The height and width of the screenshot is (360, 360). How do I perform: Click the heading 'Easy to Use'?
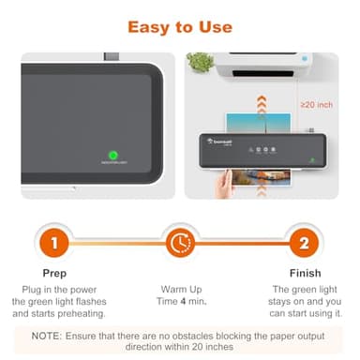179,27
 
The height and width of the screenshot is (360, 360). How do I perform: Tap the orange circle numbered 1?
55,244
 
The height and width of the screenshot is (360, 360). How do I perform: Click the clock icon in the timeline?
179,244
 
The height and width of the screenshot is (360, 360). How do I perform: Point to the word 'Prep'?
55,273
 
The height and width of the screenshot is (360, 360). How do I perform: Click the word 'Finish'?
303,273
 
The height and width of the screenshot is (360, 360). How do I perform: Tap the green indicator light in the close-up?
112,155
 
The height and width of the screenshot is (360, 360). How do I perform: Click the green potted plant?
200,63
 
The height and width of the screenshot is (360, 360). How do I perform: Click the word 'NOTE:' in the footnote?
48,335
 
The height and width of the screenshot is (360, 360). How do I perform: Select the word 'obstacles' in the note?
190,335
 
